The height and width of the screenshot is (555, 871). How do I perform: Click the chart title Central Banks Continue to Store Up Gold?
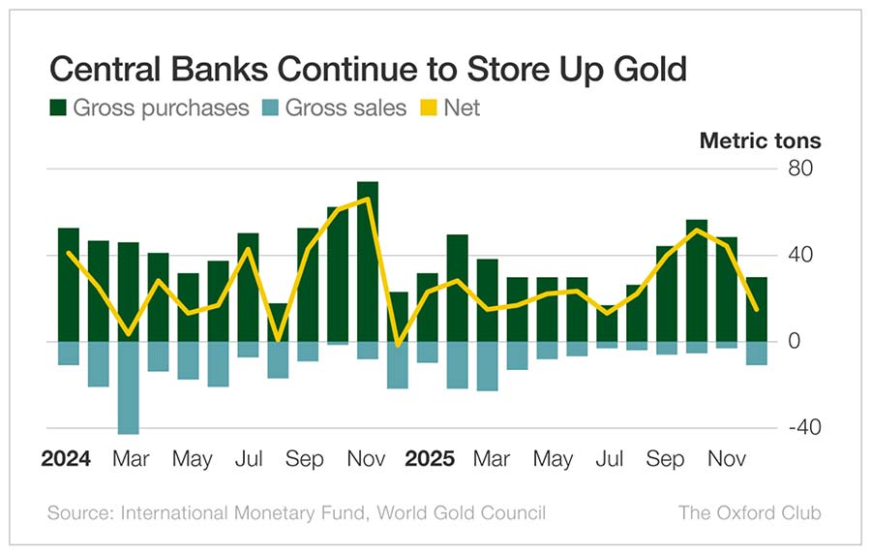[368, 69]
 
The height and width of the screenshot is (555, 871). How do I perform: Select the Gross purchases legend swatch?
[58, 108]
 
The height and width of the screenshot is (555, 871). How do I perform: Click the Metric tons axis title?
[760, 140]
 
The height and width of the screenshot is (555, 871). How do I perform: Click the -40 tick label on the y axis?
[801, 428]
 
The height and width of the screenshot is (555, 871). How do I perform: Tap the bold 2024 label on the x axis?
[66, 459]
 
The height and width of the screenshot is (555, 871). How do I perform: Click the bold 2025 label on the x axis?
[431, 459]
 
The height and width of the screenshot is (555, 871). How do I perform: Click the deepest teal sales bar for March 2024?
[128, 387]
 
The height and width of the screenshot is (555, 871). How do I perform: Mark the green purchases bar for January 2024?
[69, 285]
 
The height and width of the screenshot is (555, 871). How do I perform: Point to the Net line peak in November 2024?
[368, 200]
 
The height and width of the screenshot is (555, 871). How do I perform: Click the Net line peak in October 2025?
[697, 231]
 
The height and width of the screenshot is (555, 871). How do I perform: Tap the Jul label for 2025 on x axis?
[610, 459]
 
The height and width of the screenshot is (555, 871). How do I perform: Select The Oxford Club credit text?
[749, 512]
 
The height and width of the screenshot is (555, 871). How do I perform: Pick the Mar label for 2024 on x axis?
[130, 459]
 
